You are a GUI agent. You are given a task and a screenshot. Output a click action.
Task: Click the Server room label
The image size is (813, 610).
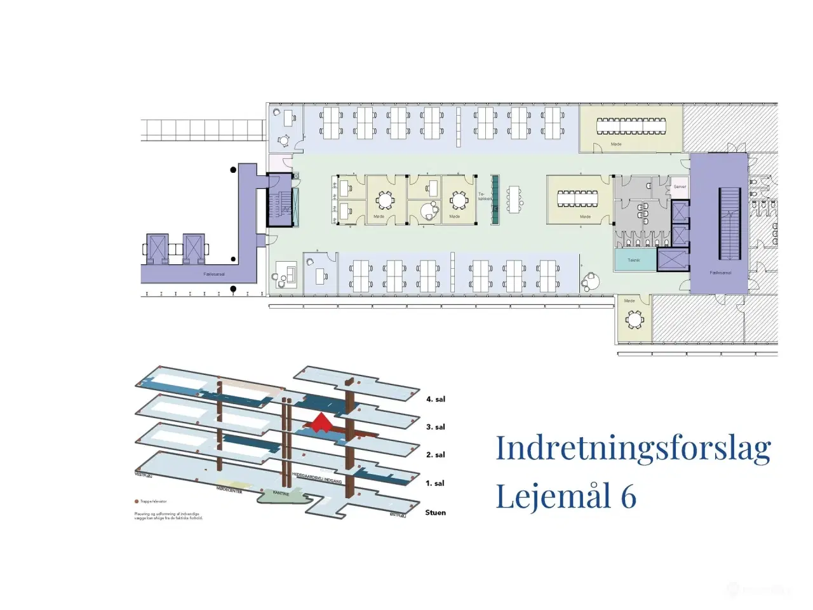click(x=680, y=187)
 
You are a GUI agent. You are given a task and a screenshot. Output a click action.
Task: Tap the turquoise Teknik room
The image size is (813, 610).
click(x=634, y=260)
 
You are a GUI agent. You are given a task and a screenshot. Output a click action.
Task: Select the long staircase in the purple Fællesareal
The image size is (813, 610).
click(x=730, y=223)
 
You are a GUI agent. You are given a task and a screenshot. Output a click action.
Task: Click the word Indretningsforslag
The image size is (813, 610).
click(x=633, y=448)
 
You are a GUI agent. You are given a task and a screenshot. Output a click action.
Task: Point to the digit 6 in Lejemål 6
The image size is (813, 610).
click(x=628, y=496)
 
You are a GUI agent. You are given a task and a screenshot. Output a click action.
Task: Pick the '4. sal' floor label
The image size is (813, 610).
click(x=435, y=399)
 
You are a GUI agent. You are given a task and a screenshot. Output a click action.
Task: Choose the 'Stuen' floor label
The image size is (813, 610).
click(x=435, y=512)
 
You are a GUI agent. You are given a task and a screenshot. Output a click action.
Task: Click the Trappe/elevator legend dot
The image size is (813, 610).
click(x=137, y=501)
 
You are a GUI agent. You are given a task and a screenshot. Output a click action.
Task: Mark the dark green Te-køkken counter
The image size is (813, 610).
click(x=495, y=199)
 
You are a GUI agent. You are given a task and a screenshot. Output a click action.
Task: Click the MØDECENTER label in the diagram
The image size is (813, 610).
click(x=229, y=491)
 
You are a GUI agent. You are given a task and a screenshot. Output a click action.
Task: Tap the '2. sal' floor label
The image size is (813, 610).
click(x=435, y=455)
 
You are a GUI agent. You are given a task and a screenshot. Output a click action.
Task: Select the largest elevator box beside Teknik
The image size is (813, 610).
click(x=673, y=260)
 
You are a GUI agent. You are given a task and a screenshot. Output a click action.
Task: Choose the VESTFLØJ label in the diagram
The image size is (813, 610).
click(x=144, y=475)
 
